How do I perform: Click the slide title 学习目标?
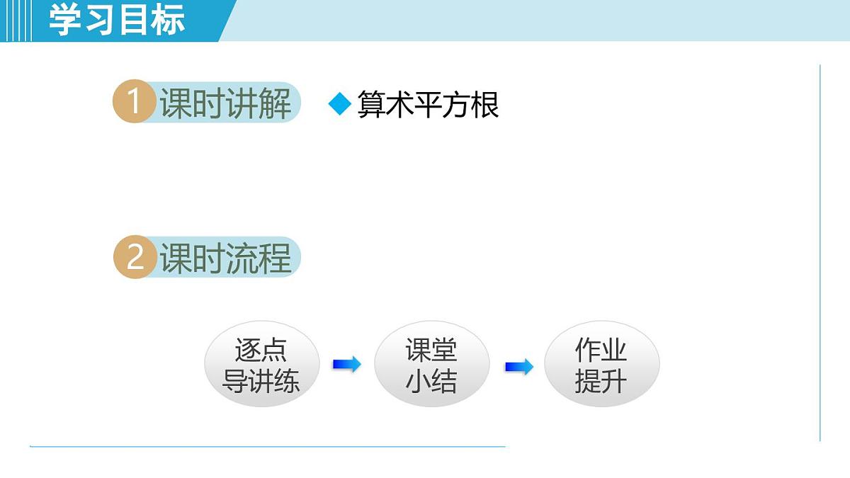click(x=117, y=21)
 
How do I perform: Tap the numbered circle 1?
click(x=134, y=103)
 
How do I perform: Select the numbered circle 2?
click(x=135, y=257)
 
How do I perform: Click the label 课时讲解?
click(x=225, y=104)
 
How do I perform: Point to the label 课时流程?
click(x=225, y=258)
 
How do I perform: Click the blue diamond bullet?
click(x=340, y=105)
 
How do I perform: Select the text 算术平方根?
click(x=428, y=105)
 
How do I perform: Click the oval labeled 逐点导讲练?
click(x=261, y=365)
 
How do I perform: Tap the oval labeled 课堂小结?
click(x=431, y=365)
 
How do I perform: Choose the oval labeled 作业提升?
click(x=601, y=365)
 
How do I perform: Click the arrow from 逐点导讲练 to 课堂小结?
click(x=346, y=365)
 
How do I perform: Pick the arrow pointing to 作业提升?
click(x=518, y=367)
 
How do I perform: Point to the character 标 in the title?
click(x=168, y=21)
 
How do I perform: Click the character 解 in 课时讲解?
click(x=275, y=104)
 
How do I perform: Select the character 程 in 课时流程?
click(x=275, y=258)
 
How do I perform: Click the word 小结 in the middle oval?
click(x=431, y=381)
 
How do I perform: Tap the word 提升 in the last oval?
click(x=601, y=382)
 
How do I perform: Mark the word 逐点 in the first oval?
click(x=261, y=350)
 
